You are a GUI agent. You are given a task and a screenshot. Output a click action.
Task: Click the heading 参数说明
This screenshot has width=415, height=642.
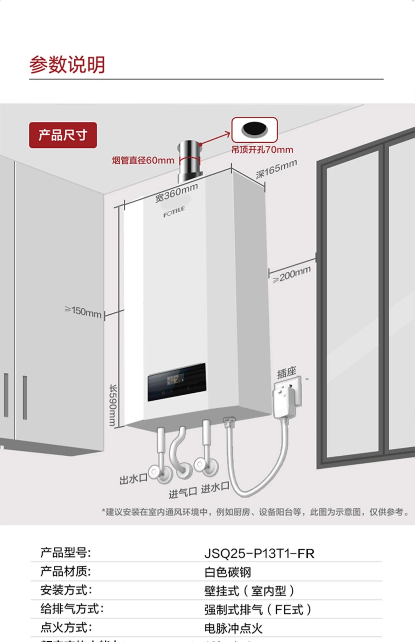[67, 65]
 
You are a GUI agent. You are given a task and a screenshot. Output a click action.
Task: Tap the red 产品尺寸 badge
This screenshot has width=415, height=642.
[63, 135]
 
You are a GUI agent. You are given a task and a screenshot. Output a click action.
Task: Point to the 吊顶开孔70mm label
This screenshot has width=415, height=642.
[262, 150]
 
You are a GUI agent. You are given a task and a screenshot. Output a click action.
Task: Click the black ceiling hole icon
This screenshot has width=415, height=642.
[255, 129]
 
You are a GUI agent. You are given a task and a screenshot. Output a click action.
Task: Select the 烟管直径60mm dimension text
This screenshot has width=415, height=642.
[143, 160]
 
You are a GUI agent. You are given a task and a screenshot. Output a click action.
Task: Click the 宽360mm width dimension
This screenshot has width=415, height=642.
[177, 193]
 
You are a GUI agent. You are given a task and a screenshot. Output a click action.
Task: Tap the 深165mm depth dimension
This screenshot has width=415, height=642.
[276, 169]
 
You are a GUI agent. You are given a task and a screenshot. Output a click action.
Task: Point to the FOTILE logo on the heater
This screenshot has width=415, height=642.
[174, 212]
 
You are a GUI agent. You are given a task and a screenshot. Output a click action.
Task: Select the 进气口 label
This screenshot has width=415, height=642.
[183, 493]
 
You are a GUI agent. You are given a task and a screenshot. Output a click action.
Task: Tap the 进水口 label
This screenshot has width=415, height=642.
[215, 488]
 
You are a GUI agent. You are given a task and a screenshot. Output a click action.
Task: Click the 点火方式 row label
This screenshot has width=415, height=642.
[66, 628]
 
